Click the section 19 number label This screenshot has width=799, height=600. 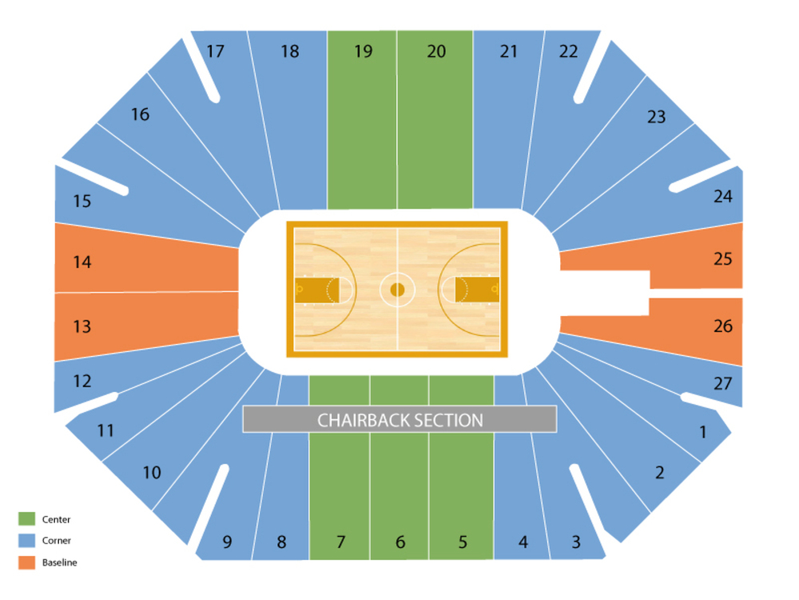click(364, 52)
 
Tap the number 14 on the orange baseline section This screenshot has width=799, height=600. click(82, 262)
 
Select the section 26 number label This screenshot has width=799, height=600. click(723, 326)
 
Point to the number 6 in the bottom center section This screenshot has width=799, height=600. click(400, 542)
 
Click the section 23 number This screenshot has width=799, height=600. click(656, 117)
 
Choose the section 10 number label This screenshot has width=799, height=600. click(152, 473)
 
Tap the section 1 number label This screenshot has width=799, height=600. click(703, 433)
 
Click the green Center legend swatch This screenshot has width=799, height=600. click(27, 519)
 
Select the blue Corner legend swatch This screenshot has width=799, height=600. click(27, 541)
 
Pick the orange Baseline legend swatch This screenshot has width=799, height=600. click(27, 562)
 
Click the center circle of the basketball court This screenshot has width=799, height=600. click(397, 289)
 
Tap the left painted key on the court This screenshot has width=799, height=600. click(317, 290)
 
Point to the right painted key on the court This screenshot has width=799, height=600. click(477, 290)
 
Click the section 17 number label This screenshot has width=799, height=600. click(215, 52)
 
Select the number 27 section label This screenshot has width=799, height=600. click(723, 384)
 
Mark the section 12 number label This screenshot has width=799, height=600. click(82, 381)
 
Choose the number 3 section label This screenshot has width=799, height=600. click(576, 542)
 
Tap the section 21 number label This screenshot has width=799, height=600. click(509, 52)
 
